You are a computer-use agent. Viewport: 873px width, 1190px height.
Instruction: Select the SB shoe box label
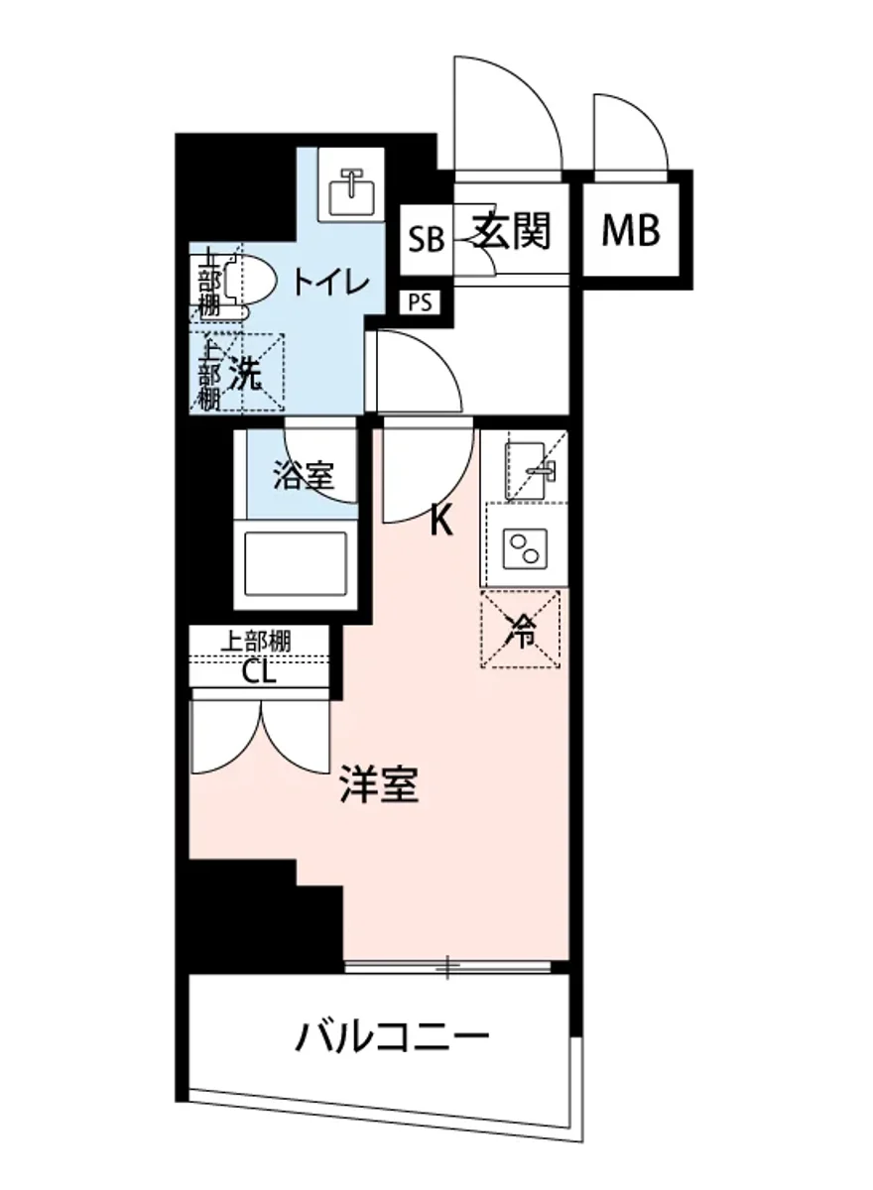coord(426,239)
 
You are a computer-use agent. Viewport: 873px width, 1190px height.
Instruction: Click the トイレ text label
coord(330,282)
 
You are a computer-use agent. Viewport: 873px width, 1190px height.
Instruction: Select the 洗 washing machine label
coord(245,374)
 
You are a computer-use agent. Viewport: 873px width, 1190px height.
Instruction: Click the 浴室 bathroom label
coord(303,477)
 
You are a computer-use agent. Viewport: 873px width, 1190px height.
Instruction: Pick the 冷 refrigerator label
coord(521,631)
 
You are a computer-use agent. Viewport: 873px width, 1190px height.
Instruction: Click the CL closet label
coord(260,672)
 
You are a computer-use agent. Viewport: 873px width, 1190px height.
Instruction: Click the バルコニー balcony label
coord(393,1038)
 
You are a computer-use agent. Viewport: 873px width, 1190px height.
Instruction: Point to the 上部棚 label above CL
coord(255,641)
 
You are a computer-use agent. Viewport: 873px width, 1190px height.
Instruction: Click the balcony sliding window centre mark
coord(448,964)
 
